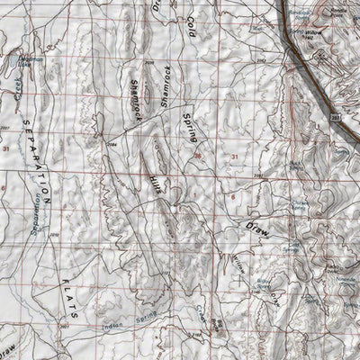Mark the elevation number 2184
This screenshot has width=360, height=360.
[x=112, y=142]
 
